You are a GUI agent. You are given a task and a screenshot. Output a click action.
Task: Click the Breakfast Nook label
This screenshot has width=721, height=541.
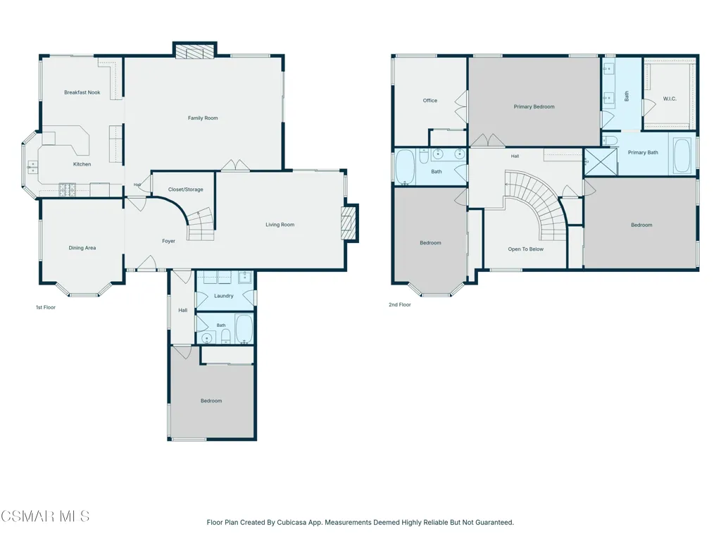pos(82,92)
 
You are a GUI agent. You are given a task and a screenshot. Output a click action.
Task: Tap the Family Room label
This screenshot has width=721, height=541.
pos(203,118)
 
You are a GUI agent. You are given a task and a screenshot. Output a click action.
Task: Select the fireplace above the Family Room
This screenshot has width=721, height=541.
pos(195,51)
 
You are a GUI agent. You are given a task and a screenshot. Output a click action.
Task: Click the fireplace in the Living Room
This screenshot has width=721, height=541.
pos(349,223)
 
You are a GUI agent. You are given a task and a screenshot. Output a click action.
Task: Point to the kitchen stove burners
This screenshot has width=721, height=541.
pos(67,190)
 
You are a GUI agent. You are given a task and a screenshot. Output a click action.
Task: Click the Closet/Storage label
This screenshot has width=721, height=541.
pos(185,189)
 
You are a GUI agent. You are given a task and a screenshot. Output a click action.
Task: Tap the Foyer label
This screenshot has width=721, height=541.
pos(168,241)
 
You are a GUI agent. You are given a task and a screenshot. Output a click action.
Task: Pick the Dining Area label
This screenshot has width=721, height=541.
pos(82,248)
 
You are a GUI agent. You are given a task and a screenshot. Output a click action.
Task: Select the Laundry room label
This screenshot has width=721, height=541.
pos(223,296)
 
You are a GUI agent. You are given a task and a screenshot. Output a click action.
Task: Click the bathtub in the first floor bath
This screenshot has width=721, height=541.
pos(244,329)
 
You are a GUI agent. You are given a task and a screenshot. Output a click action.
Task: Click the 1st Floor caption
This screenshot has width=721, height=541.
pos(46,307)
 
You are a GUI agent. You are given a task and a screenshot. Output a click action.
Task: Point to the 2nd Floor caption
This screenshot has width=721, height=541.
pos(400,304)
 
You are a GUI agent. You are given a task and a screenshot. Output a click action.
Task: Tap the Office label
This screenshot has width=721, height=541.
pos(430,100)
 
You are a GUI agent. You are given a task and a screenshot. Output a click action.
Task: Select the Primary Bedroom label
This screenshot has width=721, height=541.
pos(534,107)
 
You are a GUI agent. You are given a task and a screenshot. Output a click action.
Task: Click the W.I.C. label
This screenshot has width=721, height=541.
pos(670,99)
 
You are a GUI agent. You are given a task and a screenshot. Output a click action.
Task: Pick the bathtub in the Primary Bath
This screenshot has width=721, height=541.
pos(682,156)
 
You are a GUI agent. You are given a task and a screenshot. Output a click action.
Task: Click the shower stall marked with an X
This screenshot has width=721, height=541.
pos(601,161)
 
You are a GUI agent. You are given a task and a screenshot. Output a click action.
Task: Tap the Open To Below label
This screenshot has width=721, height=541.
pos(525,249)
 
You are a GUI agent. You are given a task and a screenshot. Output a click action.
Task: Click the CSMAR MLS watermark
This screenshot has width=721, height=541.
pos(45,516)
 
